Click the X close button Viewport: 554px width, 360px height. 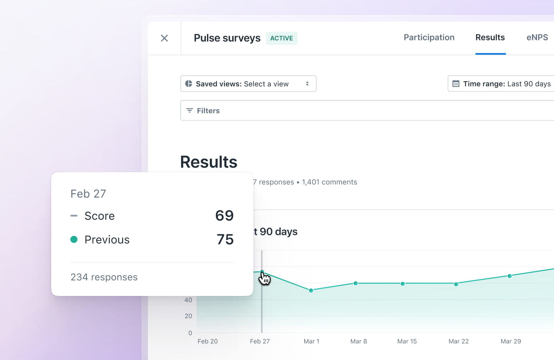164,38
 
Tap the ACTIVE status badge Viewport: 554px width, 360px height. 281,38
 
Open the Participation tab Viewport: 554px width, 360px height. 429,38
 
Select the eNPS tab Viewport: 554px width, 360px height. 537,38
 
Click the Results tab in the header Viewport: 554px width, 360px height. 490,38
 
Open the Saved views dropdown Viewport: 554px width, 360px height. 248,84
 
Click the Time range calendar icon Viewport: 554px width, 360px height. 456,84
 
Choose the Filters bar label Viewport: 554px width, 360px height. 208,111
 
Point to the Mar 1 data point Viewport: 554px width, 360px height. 311,290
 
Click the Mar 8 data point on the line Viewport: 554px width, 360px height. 356,283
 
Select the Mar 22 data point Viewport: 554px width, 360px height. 456,284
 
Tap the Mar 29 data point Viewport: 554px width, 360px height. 510,276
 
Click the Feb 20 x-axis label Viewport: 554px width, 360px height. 207,341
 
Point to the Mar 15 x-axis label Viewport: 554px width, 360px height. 407,341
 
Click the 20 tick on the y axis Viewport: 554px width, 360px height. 188,316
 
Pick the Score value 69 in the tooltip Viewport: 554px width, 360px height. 224,216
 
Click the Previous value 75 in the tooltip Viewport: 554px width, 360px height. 225,239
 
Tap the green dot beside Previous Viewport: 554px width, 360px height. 74,239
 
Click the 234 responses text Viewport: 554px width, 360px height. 104,277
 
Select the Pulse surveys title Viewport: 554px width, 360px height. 227,38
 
